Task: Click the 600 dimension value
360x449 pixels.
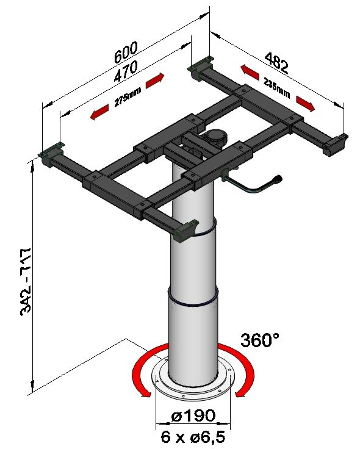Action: pos(126,52)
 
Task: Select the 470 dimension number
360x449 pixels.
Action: pos(126,71)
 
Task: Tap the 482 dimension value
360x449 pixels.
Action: pos(276,62)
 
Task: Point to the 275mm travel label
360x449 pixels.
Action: pos(128,97)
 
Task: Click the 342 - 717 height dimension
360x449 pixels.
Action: pos(26,282)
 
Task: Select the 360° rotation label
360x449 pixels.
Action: pos(259,340)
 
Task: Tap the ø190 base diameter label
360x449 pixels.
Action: pos(193,415)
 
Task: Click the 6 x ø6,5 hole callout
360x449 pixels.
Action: pos(193,437)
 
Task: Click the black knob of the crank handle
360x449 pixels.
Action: pos(276,179)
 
